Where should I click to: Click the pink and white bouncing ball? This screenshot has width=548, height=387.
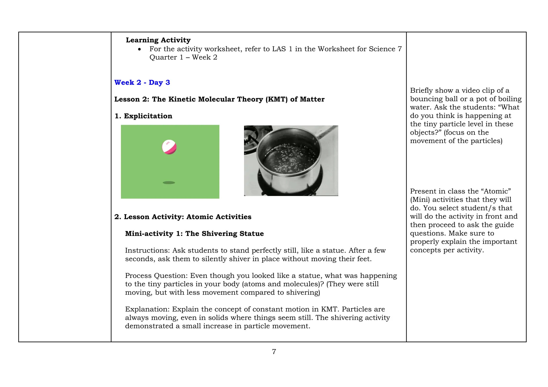[x=169, y=147]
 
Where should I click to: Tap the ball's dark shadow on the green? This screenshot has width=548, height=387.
[x=169, y=183]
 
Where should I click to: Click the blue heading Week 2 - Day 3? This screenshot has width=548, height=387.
[x=142, y=83]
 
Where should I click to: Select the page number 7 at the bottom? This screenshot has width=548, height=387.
[x=274, y=352]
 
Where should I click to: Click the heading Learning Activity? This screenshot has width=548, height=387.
[x=158, y=40]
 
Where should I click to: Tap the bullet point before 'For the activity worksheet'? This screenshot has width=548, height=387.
[x=139, y=49]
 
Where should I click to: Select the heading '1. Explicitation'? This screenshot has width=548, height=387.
[x=143, y=116]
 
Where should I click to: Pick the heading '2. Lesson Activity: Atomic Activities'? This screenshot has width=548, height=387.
[x=183, y=217]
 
